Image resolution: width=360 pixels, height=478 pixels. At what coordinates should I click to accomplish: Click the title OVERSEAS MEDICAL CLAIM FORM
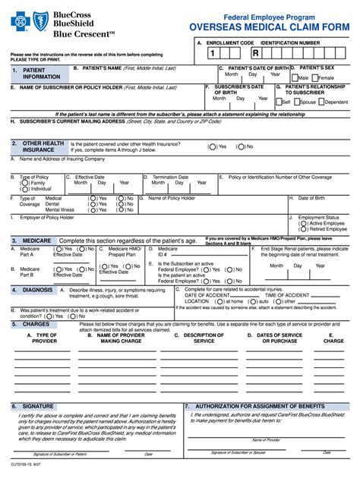270,27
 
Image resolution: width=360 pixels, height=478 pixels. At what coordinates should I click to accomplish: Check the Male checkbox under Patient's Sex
295,77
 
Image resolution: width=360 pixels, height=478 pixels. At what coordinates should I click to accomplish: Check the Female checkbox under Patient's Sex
314,77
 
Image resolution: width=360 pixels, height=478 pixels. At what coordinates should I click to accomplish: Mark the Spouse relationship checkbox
298,102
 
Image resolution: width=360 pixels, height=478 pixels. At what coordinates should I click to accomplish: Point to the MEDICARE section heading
36,240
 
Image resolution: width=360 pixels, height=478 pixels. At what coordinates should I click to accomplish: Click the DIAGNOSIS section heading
37,290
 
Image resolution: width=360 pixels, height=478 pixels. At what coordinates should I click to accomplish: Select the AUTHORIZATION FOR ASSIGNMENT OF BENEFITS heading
259,406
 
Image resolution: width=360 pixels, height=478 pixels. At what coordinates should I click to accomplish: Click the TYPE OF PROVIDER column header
42,338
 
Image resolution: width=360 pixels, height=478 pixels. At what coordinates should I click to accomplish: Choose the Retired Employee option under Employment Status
302,229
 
